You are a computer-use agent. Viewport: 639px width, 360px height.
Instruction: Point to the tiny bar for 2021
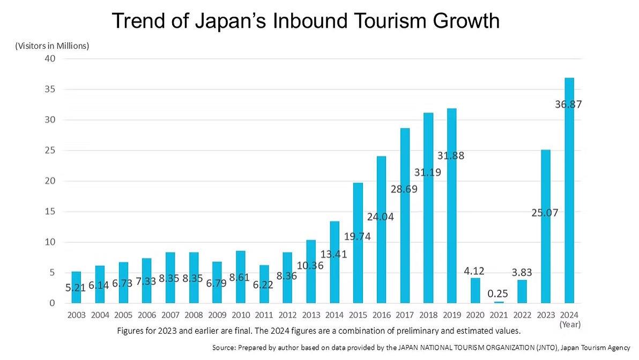click(499, 302)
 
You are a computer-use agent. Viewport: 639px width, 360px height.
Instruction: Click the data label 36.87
click(568, 104)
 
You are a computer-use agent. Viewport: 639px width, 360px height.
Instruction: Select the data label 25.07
click(545, 213)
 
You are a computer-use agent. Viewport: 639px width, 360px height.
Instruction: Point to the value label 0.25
click(499, 294)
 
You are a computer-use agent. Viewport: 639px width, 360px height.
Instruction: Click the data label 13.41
click(333, 254)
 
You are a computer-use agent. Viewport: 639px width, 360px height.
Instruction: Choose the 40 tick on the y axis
click(49, 58)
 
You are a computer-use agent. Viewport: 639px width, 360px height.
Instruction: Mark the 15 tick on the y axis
click(49, 212)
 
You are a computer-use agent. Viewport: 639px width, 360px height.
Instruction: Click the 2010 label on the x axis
click(241, 314)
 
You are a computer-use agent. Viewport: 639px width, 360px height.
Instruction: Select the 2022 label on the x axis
click(522, 314)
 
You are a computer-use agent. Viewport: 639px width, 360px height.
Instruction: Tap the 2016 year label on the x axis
click(382, 314)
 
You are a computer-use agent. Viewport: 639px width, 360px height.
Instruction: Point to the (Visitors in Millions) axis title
click(51, 46)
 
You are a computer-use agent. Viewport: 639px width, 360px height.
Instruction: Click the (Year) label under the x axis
click(570, 324)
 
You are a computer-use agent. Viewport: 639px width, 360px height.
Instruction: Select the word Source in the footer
click(224, 348)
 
